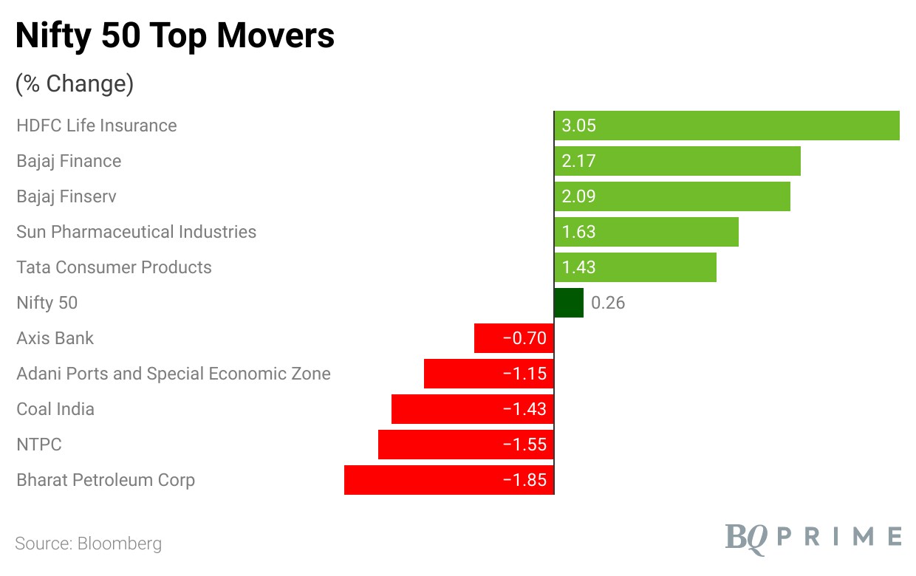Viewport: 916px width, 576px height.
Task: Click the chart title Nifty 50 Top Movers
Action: [175, 35]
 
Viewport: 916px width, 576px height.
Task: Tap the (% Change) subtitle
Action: [75, 84]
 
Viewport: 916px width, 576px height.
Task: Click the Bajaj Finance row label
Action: [69, 161]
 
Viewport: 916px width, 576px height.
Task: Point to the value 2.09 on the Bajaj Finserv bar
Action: [578, 196]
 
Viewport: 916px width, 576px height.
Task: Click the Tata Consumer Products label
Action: [114, 267]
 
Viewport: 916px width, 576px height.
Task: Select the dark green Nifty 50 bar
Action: [569, 303]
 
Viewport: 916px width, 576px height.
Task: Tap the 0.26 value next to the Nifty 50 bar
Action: [608, 303]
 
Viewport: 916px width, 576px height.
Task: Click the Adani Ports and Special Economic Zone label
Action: [174, 374]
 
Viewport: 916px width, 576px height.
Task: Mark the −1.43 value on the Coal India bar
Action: [524, 409]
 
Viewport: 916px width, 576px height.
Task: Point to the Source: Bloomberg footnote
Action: [88, 544]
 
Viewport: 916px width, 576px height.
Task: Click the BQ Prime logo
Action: [813, 537]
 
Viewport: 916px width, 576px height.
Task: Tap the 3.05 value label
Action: [578, 126]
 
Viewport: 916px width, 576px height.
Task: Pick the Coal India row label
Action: [55, 409]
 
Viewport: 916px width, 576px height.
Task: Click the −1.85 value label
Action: [524, 480]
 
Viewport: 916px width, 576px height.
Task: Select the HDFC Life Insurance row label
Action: [97, 126]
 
